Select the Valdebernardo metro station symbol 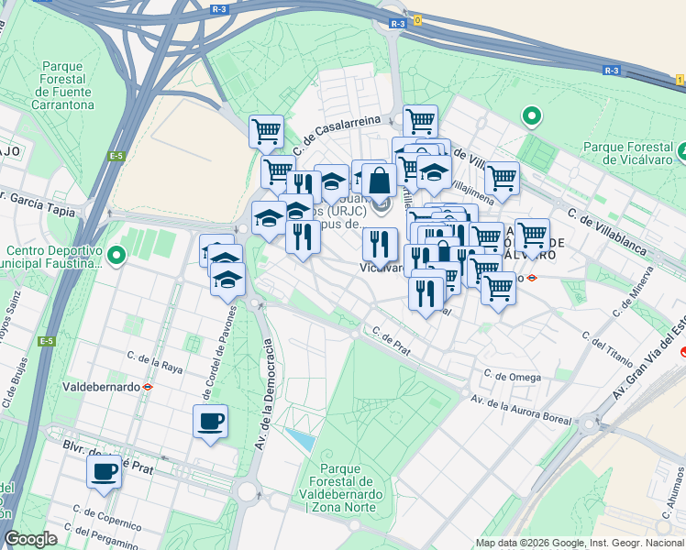147,387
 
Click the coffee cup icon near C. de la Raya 211,422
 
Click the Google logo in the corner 31,539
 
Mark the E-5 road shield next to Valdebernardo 46,341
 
